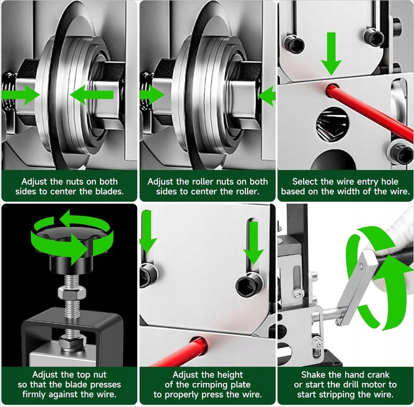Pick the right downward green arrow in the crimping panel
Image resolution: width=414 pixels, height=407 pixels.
tap(253, 243)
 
